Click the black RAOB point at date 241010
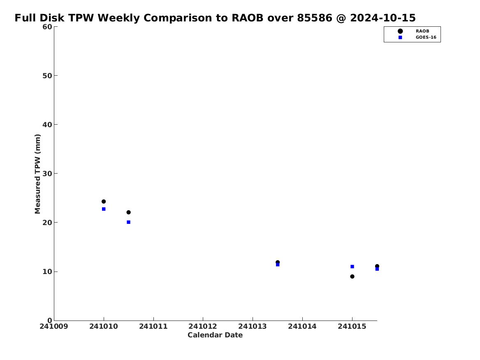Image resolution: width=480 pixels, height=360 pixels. [x=104, y=202]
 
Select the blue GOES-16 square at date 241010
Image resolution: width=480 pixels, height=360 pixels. [x=104, y=209]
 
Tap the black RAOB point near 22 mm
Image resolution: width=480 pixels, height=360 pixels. [x=129, y=212]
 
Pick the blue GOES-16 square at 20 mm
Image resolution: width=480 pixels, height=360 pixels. [x=129, y=222]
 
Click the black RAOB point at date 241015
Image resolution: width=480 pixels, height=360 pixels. [x=352, y=276]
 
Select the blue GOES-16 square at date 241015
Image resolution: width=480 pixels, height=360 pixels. [x=352, y=267]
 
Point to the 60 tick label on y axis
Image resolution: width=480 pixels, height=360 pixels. [x=47, y=27]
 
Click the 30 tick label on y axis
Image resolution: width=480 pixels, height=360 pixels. [x=47, y=174]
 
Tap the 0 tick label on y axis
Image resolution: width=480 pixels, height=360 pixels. [x=50, y=321]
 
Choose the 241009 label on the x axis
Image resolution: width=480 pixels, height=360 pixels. [x=54, y=327]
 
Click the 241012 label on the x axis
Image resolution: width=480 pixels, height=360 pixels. [x=203, y=327]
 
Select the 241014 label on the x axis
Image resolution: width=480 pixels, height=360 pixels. [x=302, y=327]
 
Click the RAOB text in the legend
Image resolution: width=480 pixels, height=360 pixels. [x=422, y=31]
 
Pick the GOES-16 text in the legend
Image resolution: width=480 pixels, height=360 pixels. [x=426, y=37]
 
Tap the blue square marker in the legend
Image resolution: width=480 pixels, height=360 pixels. [x=400, y=37]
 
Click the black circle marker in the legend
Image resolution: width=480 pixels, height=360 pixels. [x=400, y=31]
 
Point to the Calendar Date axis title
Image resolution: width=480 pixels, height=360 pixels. [x=215, y=335]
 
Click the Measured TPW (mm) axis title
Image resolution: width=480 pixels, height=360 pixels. [x=38, y=174]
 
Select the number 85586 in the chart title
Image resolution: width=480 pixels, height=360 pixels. [x=315, y=18]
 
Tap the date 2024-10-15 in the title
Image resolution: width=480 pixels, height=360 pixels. [x=383, y=18]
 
